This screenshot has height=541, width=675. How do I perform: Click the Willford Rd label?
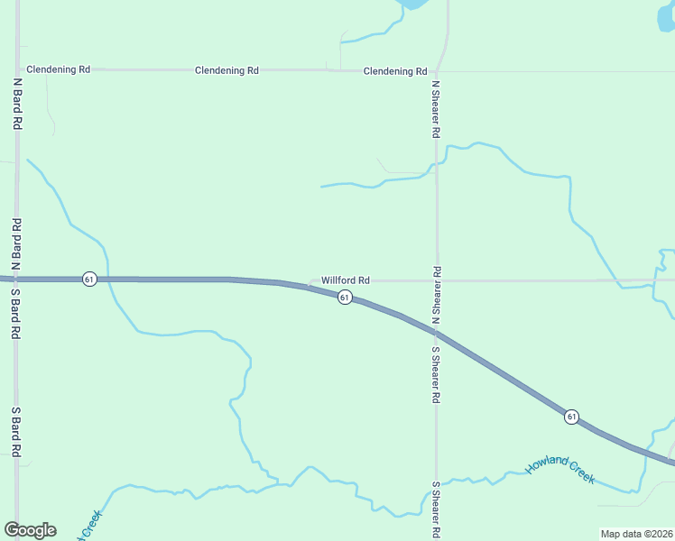click(346, 280)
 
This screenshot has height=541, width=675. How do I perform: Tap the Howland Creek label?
click(560, 469)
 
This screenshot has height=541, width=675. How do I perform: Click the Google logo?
click(30, 530)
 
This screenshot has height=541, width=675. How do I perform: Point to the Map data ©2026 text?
click(634, 534)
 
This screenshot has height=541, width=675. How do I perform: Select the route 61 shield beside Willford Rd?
click(345, 298)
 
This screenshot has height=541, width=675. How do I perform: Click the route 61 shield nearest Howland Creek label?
click(571, 417)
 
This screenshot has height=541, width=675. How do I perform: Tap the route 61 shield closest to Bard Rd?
click(88, 280)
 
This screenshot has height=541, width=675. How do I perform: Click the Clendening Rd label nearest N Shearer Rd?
click(395, 71)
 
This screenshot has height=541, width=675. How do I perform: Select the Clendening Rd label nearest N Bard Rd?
click(59, 69)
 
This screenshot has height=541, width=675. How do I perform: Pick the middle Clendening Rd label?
click(227, 69)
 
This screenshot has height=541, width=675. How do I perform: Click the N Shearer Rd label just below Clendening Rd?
click(436, 109)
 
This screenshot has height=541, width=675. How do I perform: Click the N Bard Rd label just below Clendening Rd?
click(17, 104)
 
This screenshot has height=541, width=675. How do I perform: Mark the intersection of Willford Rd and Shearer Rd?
click(437, 280)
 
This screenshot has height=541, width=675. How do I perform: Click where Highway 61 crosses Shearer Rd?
click(437, 333)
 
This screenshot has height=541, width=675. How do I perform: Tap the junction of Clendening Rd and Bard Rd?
click(18, 69)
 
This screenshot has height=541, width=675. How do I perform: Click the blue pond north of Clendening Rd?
click(414, 4)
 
